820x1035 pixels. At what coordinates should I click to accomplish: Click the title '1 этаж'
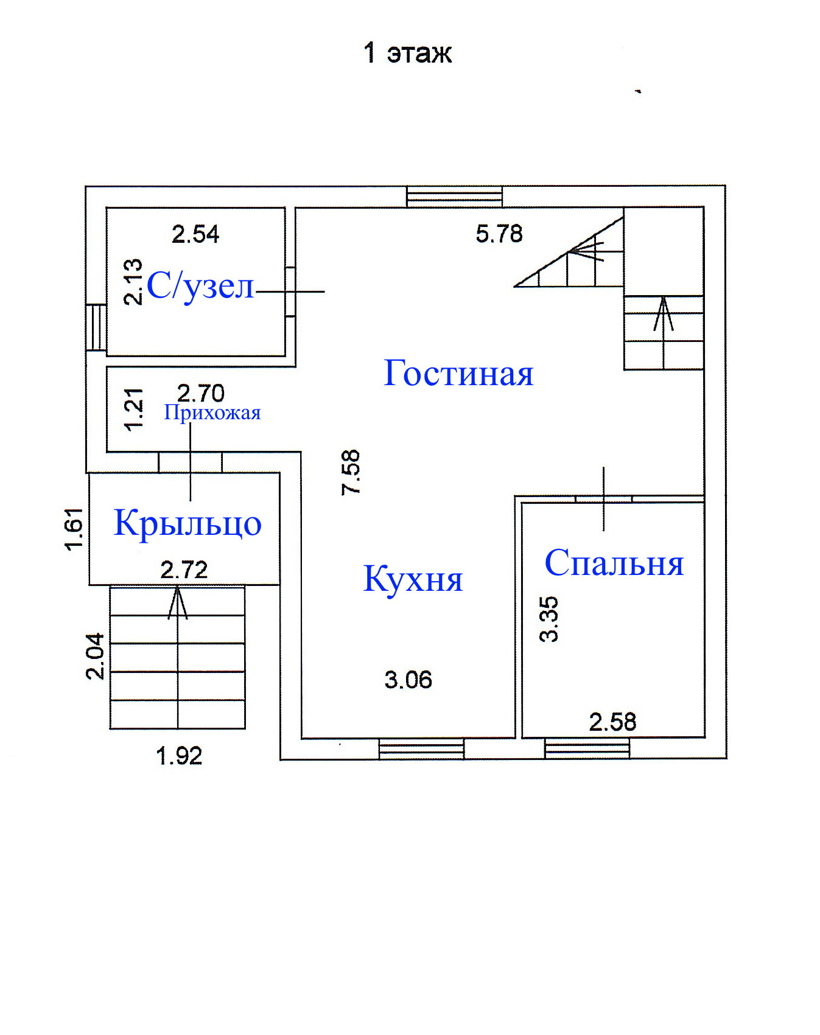[x=407, y=53]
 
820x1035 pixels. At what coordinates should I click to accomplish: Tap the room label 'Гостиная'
[x=458, y=373]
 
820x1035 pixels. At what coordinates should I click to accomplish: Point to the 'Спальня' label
[x=614, y=563]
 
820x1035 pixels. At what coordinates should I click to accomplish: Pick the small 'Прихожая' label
[x=212, y=413]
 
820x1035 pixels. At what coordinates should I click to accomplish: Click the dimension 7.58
[x=351, y=472]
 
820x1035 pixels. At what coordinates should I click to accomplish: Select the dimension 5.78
[x=499, y=234]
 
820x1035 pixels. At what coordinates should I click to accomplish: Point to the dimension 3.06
[x=408, y=680]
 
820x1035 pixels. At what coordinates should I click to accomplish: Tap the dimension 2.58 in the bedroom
[x=612, y=722]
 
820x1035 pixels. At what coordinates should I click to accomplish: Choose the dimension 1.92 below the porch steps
[x=179, y=756]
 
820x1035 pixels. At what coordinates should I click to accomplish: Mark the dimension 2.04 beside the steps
[x=96, y=656]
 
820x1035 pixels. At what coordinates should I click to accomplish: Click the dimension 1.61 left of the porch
[x=74, y=529]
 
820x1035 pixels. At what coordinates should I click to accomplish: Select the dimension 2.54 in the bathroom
[x=195, y=234]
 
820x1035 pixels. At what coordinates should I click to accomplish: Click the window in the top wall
[x=455, y=197]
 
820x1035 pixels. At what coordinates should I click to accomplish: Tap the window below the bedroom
[x=587, y=748]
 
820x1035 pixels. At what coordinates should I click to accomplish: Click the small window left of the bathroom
[x=96, y=327]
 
